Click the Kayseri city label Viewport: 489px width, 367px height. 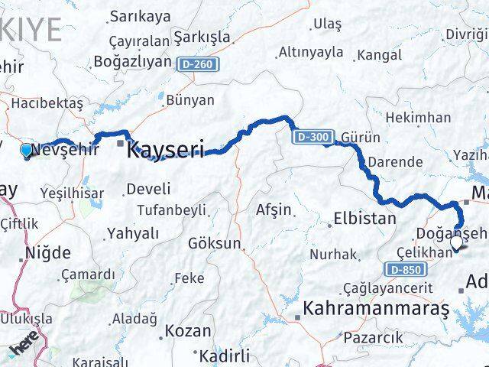165,148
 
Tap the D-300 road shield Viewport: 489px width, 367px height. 312,138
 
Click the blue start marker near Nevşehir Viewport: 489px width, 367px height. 27,150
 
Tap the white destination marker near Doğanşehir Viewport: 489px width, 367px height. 457,243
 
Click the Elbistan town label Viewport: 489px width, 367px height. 364,219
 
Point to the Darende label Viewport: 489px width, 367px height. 394,162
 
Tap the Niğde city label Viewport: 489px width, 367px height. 48,252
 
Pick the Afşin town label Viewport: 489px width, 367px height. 273,209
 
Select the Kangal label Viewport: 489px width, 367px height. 379,55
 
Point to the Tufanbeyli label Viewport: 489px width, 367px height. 172,209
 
